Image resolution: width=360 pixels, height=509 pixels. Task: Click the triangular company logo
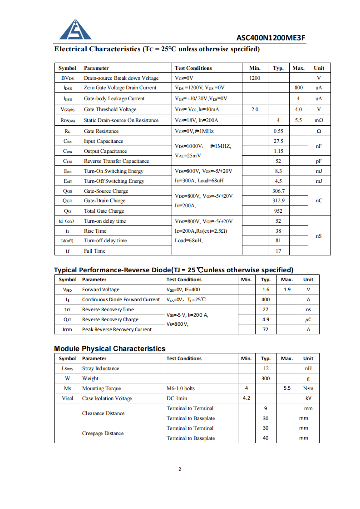click(x=75, y=30)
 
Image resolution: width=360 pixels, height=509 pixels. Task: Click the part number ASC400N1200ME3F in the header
click(x=271, y=38)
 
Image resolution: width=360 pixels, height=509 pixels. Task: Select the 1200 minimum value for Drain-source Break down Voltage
click(x=255, y=78)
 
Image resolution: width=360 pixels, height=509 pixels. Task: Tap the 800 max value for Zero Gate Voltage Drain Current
click(x=298, y=88)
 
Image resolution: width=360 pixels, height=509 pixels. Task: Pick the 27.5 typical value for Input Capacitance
click(x=278, y=141)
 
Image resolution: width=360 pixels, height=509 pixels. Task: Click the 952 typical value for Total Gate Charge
click(x=278, y=211)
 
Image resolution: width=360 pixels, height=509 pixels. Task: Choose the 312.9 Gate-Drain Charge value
click(x=278, y=201)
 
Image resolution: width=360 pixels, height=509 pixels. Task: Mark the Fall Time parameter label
click(x=94, y=251)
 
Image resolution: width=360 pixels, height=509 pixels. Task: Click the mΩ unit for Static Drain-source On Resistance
click(x=319, y=120)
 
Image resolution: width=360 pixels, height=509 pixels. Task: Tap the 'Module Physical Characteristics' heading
click(x=110, y=348)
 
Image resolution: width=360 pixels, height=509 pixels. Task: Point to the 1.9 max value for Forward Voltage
click(x=287, y=289)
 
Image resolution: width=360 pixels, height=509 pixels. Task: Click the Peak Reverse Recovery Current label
click(x=117, y=329)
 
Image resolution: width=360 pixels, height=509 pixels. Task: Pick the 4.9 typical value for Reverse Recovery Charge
click(x=266, y=319)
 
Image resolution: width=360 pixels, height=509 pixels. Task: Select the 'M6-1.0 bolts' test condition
click(x=181, y=388)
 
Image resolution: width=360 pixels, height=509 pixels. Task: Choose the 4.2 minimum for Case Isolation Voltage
click(x=247, y=398)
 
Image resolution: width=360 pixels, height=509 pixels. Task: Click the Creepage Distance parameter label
click(x=103, y=433)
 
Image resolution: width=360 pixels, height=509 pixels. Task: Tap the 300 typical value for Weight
click(x=266, y=378)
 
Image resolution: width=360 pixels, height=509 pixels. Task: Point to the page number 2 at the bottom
click(x=180, y=469)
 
